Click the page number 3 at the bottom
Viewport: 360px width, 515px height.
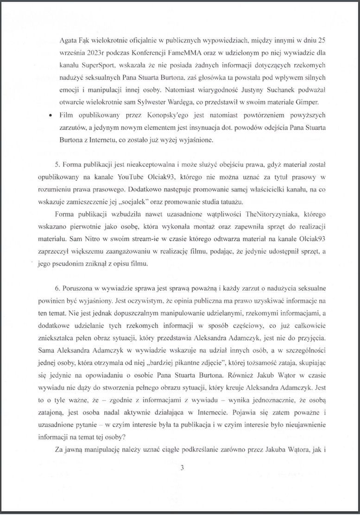point(183,468)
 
